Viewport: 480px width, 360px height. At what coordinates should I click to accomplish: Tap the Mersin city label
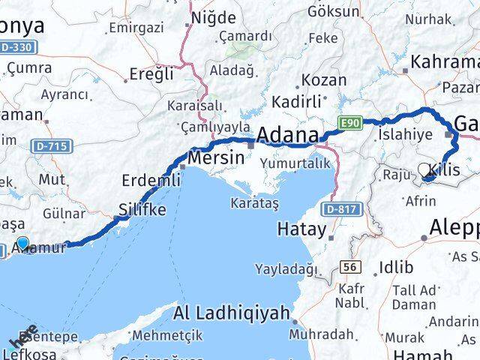217,158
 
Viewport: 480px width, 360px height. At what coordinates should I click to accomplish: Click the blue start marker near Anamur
22,242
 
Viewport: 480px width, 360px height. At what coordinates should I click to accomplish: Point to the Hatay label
301,229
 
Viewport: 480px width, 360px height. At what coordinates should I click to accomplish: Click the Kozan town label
325,80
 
